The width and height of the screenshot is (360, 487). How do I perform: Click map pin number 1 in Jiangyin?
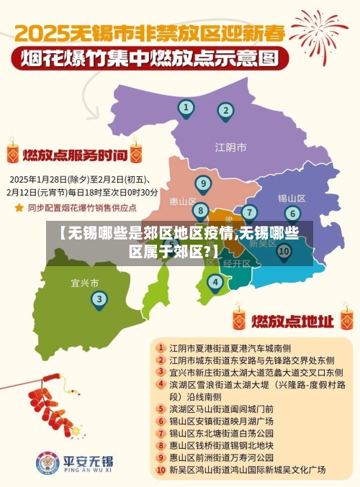tap(186, 109)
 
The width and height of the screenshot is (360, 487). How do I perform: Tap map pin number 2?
tap(225, 111)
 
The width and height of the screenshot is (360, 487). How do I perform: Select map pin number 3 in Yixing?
tap(99, 299)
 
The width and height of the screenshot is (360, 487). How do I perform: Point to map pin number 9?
tap(204, 183)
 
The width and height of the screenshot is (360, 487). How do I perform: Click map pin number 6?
tap(292, 213)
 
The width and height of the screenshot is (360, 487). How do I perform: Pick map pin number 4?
tap(215, 282)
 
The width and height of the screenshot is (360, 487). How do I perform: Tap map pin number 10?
tap(284, 251)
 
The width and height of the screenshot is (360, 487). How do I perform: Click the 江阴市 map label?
tap(230, 147)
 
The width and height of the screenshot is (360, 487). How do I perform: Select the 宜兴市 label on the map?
tap(85, 282)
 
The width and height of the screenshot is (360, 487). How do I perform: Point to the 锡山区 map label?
tap(292, 198)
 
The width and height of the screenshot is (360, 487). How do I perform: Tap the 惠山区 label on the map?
tap(182, 201)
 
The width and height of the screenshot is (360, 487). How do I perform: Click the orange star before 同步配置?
tap(19, 207)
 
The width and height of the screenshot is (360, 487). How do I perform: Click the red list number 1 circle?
tap(161, 347)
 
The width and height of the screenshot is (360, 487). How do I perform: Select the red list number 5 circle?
tap(161, 408)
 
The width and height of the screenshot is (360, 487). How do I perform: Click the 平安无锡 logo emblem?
tap(48, 463)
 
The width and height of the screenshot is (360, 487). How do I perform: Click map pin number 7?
tap(249, 212)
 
